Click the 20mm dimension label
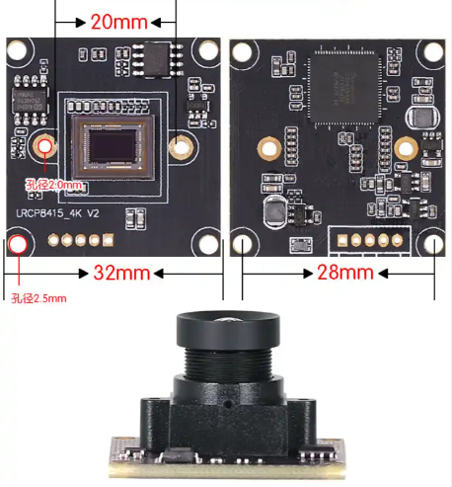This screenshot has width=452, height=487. pos(117,21)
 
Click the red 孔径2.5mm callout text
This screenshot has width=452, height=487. pos(38,297)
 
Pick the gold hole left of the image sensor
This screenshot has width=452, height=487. pos(44,146)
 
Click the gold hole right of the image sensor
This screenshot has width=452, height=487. pos(180,146)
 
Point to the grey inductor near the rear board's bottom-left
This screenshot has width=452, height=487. pos(273,210)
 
